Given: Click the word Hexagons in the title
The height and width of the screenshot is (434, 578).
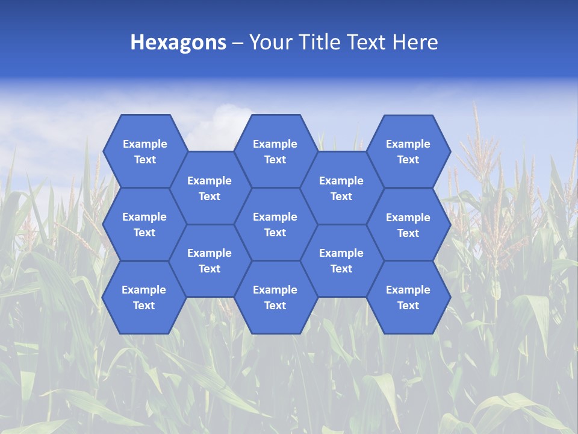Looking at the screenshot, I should (178, 42).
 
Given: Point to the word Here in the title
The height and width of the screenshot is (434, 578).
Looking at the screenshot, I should (415, 42).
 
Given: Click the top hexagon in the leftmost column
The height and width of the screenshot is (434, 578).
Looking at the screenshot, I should (144, 152).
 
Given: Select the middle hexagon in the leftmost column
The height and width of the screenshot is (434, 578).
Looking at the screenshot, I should (144, 225).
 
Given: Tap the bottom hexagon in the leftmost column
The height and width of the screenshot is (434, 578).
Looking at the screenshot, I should (144, 298).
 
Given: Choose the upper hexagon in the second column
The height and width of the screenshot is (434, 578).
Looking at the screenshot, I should (210, 189).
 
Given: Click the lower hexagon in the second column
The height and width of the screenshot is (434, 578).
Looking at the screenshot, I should (210, 261).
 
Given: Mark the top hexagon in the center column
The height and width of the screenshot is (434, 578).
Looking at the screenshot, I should (275, 152).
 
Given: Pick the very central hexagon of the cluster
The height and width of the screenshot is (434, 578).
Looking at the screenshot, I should (275, 225).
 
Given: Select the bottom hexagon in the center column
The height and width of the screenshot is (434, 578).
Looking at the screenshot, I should (275, 298).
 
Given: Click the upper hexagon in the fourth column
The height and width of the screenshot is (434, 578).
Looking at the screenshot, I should (341, 189).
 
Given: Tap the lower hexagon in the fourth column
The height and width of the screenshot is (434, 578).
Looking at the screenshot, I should (341, 261).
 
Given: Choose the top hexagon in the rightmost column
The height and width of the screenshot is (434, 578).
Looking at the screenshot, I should (408, 152).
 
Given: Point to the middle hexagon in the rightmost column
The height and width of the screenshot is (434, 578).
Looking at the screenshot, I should (408, 225).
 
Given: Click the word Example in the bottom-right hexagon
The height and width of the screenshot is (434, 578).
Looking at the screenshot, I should (408, 290).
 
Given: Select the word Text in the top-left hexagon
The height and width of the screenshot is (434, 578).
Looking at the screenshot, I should (145, 160).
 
